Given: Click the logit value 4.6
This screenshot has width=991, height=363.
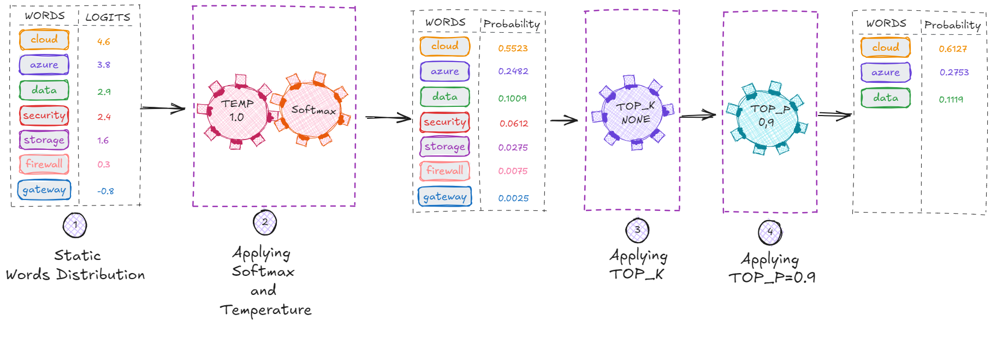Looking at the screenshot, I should pyautogui.click(x=104, y=41).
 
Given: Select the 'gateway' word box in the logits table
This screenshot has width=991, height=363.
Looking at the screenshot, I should pyautogui.click(x=44, y=190).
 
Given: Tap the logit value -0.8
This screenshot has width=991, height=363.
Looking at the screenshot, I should pyautogui.click(x=105, y=191).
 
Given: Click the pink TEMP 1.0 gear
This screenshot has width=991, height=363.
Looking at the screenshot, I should pyautogui.click(x=236, y=112).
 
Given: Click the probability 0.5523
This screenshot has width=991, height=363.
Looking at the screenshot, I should pyautogui.click(x=513, y=49).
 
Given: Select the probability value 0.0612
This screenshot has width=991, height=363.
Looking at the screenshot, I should pyautogui.click(x=514, y=124).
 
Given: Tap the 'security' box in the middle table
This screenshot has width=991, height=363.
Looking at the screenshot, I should pyautogui.click(x=445, y=122).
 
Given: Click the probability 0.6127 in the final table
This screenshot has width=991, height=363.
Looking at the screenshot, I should pyautogui.click(x=953, y=49).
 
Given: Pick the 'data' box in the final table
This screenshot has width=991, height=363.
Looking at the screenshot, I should pyautogui.click(x=886, y=98).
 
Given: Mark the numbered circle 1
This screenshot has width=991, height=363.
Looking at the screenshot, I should pyautogui.click(x=75, y=225).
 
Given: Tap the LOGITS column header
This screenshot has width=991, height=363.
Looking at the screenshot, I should pyautogui.click(x=108, y=17).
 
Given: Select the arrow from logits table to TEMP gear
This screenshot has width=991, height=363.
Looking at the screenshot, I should pyautogui.click(x=163, y=108).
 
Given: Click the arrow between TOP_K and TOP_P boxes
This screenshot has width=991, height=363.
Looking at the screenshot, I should pyautogui.click(x=697, y=116).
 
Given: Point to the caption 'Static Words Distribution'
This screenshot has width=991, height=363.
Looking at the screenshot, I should pyautogui.click(x=76, y=265).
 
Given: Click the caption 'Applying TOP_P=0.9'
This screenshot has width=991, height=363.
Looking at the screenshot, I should pyautogui.click(x=771, y=268).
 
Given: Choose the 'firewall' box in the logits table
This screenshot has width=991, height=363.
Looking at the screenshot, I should pyautogui.click(x=44, y=164).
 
